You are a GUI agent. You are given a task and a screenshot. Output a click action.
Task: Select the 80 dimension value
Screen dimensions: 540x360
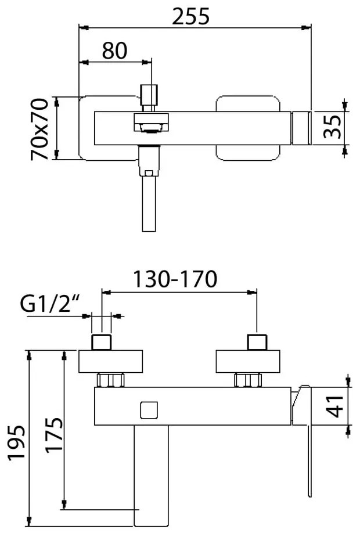pyautogui.click(x=114, y=51)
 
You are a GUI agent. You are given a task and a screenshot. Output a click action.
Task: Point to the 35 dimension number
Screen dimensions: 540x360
pyautogui.click(x=332, y=127)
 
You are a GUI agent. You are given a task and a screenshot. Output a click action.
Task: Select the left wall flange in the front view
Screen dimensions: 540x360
pyautogui.click(x=110, y=361)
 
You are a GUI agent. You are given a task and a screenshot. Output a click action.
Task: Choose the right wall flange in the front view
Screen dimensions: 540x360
pyautogui.click(x=248, y=361)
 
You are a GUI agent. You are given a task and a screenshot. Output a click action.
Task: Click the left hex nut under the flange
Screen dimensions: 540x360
pyautogui.click(x=111, y=380)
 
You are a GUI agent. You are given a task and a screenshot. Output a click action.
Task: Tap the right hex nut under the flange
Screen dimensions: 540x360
pyautogui.click(x=249, y=380)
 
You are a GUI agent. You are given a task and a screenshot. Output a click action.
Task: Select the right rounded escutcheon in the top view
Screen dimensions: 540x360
pyautogui.click(x=248, y=128)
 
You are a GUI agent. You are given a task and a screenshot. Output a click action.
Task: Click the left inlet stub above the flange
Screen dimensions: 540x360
pyautogui.click(x=102, y=342)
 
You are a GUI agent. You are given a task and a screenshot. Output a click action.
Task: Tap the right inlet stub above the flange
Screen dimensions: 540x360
pyautogui.click(x=257, y=342)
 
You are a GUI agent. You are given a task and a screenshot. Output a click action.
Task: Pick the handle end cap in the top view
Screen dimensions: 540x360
pyautogui.click(x=301, y=128)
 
